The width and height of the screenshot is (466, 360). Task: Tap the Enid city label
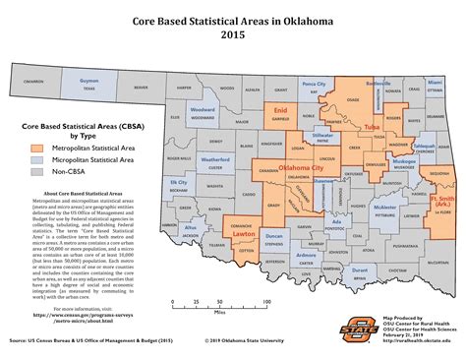(x=278, y=111)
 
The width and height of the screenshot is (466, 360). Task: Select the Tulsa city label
(x=372, y=127)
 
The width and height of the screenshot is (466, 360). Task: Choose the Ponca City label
(x=314, y=86)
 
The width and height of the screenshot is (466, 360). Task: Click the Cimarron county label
(x=34, y=82)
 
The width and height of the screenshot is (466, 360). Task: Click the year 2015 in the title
(x=233, y=35)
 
